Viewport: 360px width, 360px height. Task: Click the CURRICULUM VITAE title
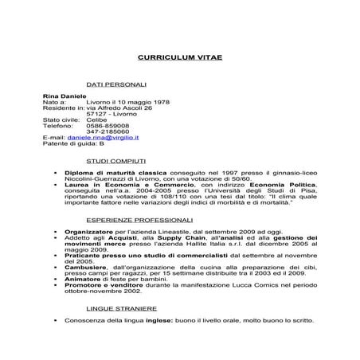[x=179, y=59]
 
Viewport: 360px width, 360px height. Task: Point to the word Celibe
[x=96, y=119]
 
